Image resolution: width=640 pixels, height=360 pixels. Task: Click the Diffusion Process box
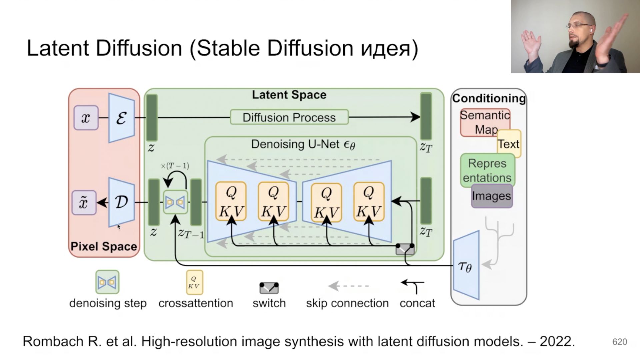pyautogui.click(x=289, y=117)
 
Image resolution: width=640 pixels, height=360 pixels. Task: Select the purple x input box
pyautogui.click(x=86, y=118)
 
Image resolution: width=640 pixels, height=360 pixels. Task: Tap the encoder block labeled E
pyautogui.click(x=121, y=118)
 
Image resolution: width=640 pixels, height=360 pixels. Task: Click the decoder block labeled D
pyautogui.click(x=121, y=202)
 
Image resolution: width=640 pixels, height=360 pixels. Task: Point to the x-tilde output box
pyautogui.click(x=84, y=203)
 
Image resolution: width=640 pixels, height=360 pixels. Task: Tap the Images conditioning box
pyautogui.click(x=492, y=196)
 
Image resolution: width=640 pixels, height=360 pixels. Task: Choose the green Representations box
pyautogui.click(x=487, y=170)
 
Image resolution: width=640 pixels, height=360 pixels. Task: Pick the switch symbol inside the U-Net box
pyautogui.click(x=405, y=249)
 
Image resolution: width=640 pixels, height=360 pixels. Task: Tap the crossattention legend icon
pyautogui.click(x=194, y=282)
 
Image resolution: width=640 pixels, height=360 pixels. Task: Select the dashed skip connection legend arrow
pyautogui.click(x=349, y=286)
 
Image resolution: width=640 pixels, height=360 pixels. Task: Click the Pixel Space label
pyautogui.click(x=104, y=246)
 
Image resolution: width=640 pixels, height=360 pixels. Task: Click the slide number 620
pyautogui.click(x=620, y=342)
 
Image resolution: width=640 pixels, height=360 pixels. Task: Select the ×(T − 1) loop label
pyautogui.click(x=175, y=166)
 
